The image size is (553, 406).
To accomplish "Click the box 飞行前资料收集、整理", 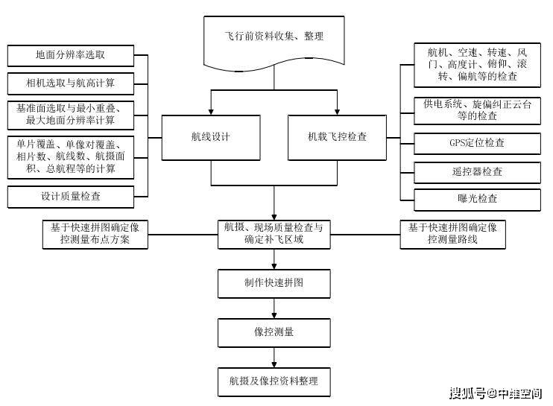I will click(274, 37).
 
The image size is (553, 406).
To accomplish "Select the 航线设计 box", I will click(211, 137).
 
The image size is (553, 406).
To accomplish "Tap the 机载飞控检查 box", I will click(337, 137).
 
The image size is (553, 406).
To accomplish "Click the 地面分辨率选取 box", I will click(71, 55).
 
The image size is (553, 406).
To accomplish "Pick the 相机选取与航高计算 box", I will click(71, 80).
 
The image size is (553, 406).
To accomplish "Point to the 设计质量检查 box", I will click(71, 197).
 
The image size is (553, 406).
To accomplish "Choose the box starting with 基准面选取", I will click(71, 113).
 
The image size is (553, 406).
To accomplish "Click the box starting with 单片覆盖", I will click(71, 156).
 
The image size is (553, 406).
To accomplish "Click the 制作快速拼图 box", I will click(274, 284).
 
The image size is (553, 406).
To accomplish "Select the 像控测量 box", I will click(274, 331).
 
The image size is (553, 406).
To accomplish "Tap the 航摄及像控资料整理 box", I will click(274, 381).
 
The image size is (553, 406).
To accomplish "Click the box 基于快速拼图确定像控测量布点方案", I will click(95, 233).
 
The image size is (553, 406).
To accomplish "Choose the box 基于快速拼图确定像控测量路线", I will click(452, 233).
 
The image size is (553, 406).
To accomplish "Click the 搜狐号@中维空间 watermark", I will click(495, 393).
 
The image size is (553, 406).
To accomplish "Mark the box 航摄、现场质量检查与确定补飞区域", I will click(274, 233).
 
